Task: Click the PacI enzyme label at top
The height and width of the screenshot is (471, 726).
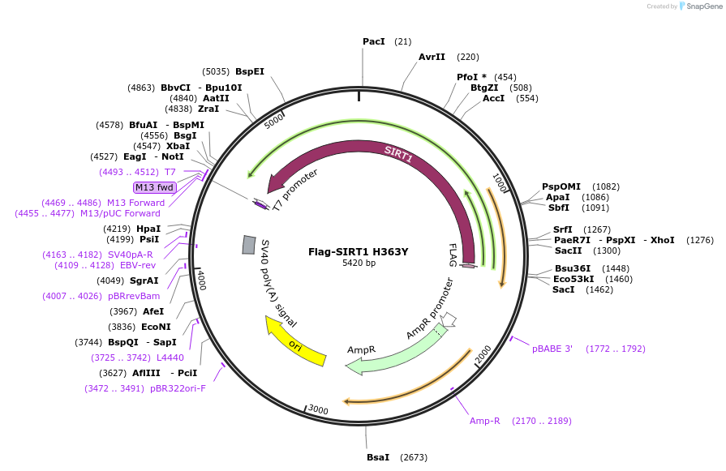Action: click(373, 41)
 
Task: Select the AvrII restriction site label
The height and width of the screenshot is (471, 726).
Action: click(432, 58)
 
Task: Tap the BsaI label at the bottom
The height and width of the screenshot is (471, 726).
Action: click(378, 458)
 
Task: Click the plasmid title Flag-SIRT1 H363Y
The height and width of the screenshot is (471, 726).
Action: click(358, 251)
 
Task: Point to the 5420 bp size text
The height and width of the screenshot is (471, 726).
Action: click(359, 263)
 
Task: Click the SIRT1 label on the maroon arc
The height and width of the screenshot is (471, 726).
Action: click(398, 155)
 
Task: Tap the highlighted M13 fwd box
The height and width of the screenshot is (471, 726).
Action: click(154, 187)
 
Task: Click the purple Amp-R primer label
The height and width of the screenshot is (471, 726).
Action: click(484, 421)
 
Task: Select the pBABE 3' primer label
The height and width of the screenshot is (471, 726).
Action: click(552, 349)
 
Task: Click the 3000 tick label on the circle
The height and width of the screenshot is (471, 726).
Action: click(318, 410)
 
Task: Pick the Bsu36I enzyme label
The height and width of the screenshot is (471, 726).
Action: click(569, 268)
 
